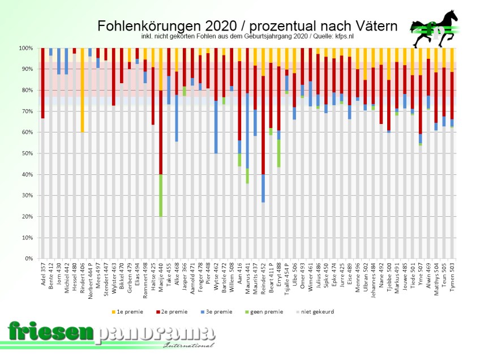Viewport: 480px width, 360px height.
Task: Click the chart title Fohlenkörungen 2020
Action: click(x=247, y=27)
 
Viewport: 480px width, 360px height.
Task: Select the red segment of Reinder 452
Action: click(x=263, y=125)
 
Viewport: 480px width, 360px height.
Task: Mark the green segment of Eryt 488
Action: click(x=278, y=153)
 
